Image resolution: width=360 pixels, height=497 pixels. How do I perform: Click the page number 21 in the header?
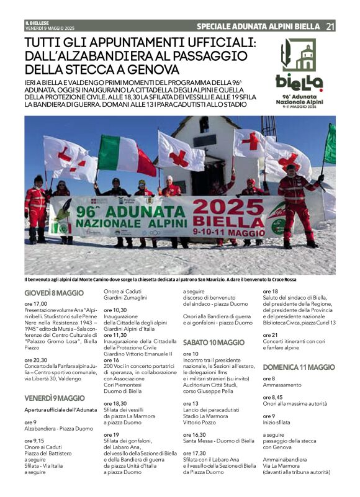pyautogui.click(x=330, y=26)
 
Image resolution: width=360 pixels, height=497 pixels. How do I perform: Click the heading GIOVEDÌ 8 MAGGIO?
pyautogui.click(x=54, y=293)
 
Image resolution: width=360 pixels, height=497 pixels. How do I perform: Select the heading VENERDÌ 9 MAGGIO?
pyautogui.click(x=55, y=398)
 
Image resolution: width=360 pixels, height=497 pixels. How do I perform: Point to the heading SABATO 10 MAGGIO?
pyautogui.click(x=214, y=342)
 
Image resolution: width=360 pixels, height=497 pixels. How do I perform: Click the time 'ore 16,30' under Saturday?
pyautogui.click(x=194, y=435)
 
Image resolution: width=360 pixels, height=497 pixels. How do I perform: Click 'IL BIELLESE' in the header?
pyautogui.click(x=37, y=24)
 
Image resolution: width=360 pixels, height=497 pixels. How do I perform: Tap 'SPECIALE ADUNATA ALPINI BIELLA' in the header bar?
pyautogui.click(x=258, y=26)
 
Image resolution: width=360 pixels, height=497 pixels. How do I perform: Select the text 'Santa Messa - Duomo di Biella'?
pyautogui.click(x=218, y=441)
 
